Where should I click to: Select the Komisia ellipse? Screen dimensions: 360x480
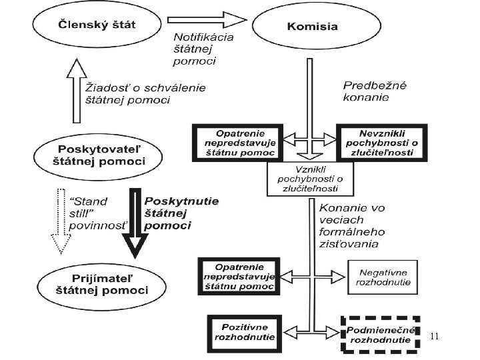(x=312, y=27)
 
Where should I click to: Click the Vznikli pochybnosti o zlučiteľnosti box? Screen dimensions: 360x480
(x=310, y=179)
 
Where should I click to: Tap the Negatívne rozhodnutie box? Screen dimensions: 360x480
(x=383, y=276)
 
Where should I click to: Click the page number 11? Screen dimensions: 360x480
(x=435, y=336)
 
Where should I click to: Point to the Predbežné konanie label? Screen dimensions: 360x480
(x=375, y=91)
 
